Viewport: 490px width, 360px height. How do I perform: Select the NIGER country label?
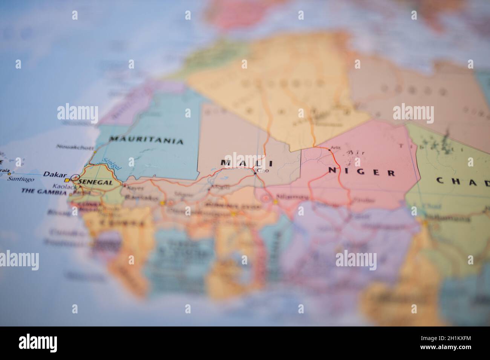coord(361,172)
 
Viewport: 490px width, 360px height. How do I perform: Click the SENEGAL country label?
coord(96,183)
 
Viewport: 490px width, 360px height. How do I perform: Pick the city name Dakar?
coord(55,174)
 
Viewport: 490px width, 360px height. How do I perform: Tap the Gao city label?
coord(263,171)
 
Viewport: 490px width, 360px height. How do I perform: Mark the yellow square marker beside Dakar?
coord(67,180)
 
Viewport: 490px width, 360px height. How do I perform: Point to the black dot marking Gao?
coord(255,174)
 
